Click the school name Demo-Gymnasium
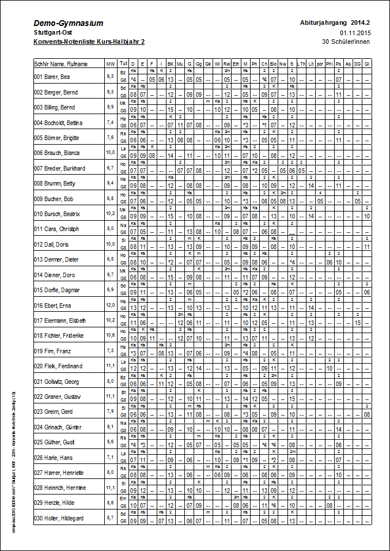(x=68, y=23)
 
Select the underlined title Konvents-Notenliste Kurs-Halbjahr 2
(x=89, y=42)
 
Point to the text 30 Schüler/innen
(x=346, y=41)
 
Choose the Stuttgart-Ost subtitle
(x=53, y=33)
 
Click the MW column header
(x=110, y=63)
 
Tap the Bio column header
(x=273, y=63)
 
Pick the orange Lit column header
(x=311, y=63)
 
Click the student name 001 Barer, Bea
(x=52, y=77)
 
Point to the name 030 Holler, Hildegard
(x=59, y=519)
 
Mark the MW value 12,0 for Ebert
(x=110, y=305)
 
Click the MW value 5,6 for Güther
(x=110, y=442)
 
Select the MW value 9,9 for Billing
(x=110, y=107)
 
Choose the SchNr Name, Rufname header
(x=60, y=63)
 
